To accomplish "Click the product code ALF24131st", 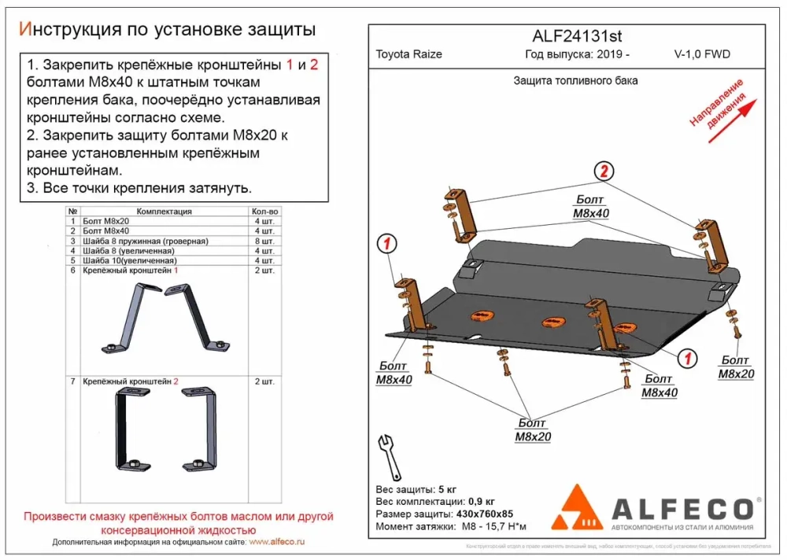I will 567,36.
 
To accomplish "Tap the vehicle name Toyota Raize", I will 408,55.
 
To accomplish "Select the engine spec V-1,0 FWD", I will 702,55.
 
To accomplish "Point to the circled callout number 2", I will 604,171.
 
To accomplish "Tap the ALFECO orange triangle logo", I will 580,508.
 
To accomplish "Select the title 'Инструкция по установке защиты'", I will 166,30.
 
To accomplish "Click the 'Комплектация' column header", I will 164,212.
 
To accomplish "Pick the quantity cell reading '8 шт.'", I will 264,241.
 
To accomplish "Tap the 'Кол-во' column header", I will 264,212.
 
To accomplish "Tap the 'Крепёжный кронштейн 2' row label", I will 130,381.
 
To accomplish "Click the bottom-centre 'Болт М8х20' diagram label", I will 533,431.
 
